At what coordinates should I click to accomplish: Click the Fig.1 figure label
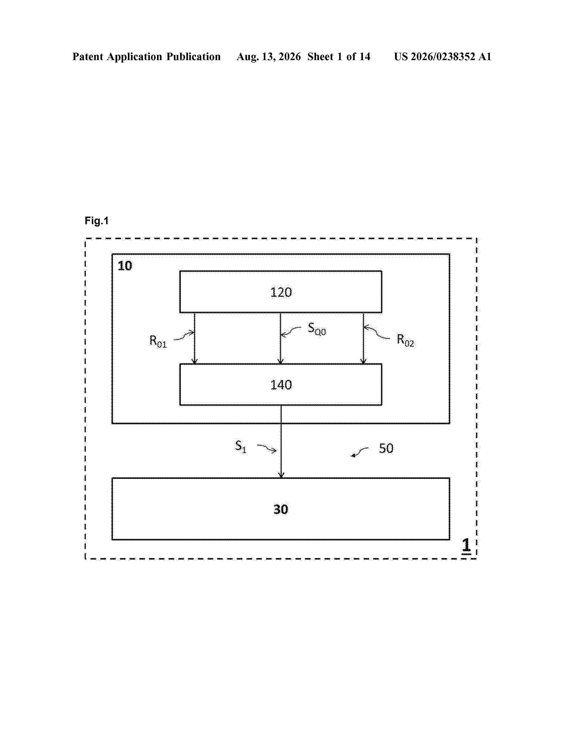coord(97,221)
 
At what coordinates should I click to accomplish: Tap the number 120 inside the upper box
coord(281,292)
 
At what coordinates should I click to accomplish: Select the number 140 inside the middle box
coord(281,385)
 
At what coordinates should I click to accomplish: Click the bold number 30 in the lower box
coord(281,509)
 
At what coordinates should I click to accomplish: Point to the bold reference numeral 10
coord(125,266)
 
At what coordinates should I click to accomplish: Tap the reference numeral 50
coord(386,448)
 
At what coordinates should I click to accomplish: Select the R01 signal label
coord(158,341)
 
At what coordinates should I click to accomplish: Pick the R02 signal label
coord(405,340)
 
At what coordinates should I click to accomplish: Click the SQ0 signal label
coord(317,329)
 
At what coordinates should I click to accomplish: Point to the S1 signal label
coord(241,446)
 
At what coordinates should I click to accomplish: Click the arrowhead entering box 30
coord(281,475)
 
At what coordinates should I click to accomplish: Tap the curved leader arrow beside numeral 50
coord(359,451)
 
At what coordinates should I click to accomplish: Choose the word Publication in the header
coord(194,57)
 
